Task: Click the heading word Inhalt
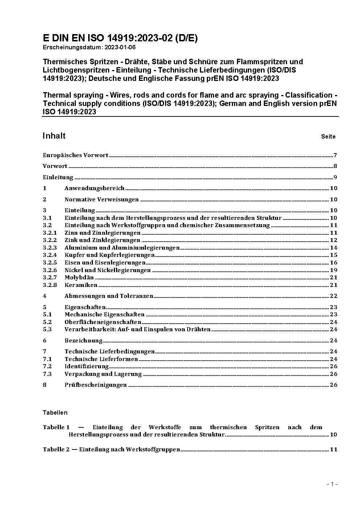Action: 54,136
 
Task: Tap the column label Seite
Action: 328,137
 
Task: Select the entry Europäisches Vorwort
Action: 75,155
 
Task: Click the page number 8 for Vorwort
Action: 335,166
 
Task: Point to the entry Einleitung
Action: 58,177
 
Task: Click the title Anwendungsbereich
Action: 94,188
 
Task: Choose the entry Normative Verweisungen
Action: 102,200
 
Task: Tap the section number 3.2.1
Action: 50,233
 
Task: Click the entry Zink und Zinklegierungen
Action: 102,240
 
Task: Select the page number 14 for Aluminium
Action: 334,248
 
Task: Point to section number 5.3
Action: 47,329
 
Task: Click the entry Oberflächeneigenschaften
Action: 103,322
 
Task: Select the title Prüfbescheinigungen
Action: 95,385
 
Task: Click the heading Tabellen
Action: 55,412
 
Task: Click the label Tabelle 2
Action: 56,450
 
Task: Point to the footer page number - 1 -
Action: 332,484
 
